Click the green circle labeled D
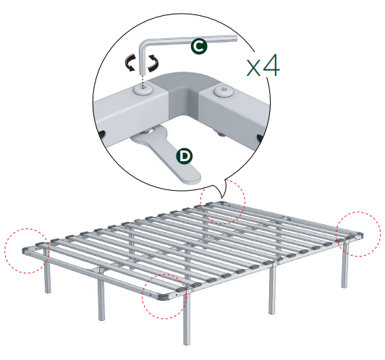click(x=186, y=155)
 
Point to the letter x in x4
click(x=253, y=68)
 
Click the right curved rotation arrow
click(x=153, y=66)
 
